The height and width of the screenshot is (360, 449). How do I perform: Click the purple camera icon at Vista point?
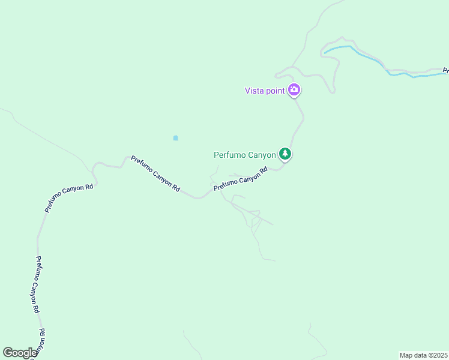click(x=294, y=91)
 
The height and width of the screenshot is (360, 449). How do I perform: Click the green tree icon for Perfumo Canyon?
click(x=286, y=154)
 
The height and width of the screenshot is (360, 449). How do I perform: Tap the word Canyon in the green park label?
click(x=262, y=155)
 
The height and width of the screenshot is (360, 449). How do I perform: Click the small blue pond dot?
click(x=175, y=138)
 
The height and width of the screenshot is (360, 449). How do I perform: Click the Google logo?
click(x=20, y=353)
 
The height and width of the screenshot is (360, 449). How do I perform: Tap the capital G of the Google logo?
click(x=8, y=353)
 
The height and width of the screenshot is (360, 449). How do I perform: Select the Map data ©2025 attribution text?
click(x=423, y=355)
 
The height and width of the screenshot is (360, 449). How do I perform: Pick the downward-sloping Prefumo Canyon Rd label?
click(x=155, y=173)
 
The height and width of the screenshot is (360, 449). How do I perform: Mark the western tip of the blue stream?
click(x=325, y=53)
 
